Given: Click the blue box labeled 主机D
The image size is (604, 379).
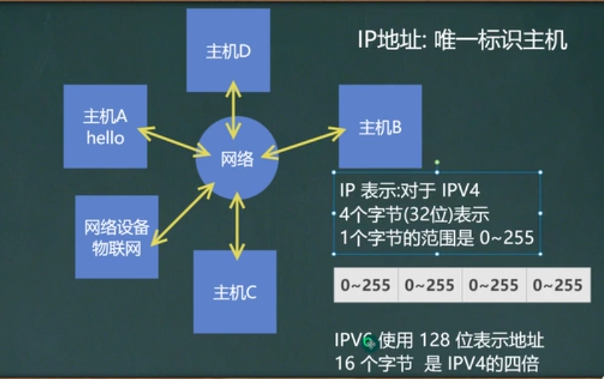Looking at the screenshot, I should click(228, 50).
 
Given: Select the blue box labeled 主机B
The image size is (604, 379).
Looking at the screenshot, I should click(380, 126).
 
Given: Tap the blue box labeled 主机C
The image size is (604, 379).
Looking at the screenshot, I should click(235, 291).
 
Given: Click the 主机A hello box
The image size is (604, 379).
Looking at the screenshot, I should click(105, 126).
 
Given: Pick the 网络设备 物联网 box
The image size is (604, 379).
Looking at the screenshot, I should click(117, 237).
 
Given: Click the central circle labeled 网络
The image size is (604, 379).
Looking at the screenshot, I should click(237, 158).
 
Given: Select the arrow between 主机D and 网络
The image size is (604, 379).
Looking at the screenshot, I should click(235, 106).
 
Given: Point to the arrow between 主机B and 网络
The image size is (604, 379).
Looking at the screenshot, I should click(303, 143).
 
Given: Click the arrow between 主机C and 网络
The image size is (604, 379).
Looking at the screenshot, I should click(238, 225).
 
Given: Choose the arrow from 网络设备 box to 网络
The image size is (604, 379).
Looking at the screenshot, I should click(182, 214).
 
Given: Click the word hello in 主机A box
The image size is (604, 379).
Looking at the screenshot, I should click(105, 137).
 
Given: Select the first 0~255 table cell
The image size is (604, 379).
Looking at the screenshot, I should click(365, 285).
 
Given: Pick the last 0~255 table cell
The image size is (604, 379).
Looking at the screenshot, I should click(555, 285).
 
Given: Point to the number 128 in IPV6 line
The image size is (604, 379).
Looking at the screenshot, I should click(437, 341).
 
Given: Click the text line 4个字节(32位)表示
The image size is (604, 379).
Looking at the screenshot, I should click(414, 215).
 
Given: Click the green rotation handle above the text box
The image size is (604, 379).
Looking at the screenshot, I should click(437, 161).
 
